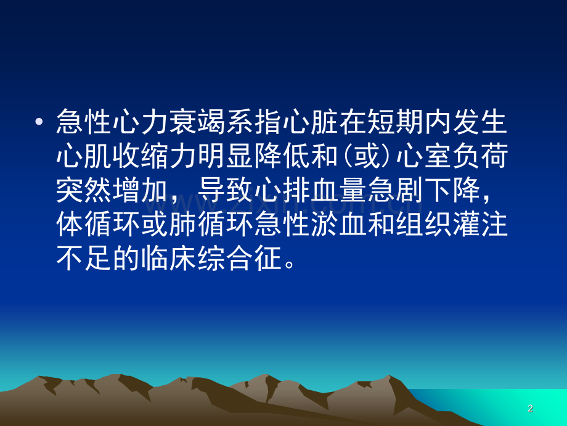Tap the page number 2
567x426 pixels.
(x=530, y=409)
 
